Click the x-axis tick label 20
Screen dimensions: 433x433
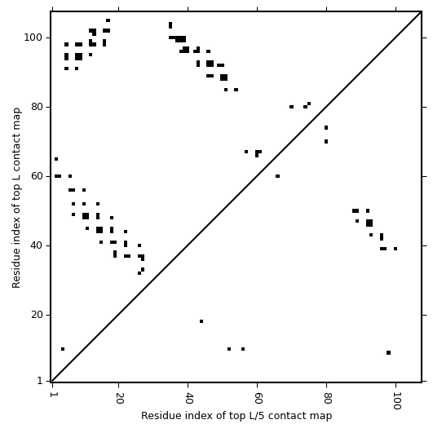[x=119, y=398]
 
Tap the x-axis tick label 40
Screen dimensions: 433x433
[x=188, y=398]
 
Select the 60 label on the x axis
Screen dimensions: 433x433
[x=258, y=398]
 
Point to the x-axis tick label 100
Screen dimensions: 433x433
[x=396, y=400]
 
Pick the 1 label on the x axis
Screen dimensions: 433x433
[x=52, y=395]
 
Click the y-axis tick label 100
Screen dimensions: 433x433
[x=33, y=38]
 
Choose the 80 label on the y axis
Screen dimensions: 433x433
[x=36, y=107]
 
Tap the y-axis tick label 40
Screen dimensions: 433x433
[x=36, y=245]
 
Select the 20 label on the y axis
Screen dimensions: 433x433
[x=36, y=315]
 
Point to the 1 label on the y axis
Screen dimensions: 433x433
[x=40, y=381]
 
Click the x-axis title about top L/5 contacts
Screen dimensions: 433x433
[x=236, y=416]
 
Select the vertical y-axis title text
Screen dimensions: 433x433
[x=16, y=197]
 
